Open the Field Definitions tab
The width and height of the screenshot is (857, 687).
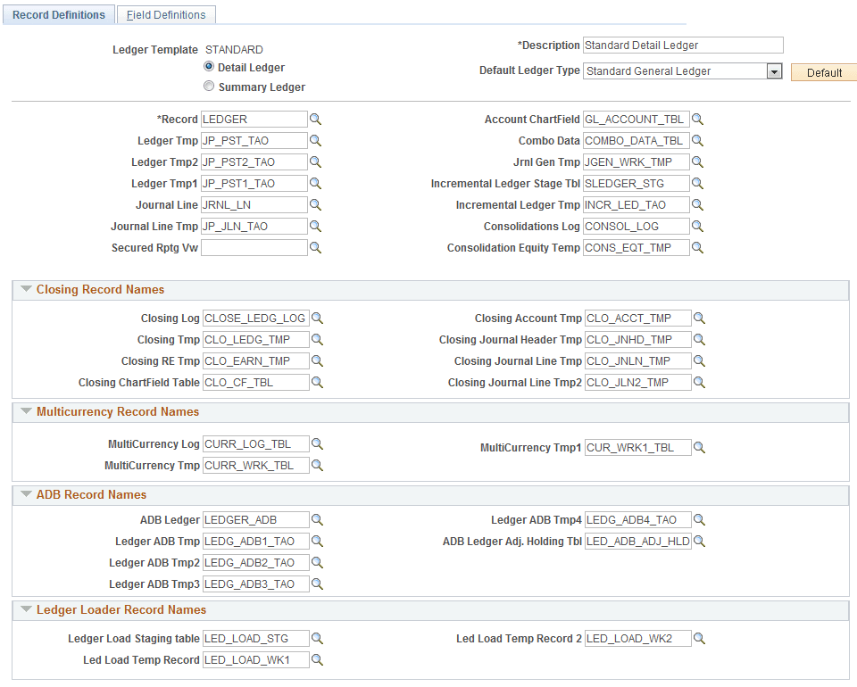coord(166,14)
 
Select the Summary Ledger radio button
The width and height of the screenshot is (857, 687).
coord(209,87)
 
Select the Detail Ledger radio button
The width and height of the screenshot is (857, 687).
coord(209,67)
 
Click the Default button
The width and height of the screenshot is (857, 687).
coord(824,73)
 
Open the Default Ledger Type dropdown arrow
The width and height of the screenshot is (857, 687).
coord(774,71)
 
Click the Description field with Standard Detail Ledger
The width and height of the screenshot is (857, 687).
coord(682,46)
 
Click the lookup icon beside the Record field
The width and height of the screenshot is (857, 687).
coord(315,119)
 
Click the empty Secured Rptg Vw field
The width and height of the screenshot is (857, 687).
coord(254,248)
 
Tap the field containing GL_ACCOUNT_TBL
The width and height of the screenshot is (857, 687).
coord(636,119)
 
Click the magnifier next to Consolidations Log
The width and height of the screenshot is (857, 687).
coord(698,227)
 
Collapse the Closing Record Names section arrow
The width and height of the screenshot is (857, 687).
coord(26,290)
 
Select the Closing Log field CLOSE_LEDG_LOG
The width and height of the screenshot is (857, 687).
coord(256,319)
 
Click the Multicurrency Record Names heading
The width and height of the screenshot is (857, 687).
coord(118,412)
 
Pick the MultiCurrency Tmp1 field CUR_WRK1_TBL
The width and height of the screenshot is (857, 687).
coord(637,448)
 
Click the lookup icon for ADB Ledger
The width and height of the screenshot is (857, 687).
coord(317,520)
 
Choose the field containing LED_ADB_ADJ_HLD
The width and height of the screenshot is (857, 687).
coord(637,542)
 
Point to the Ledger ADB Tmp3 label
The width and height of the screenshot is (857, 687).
coord(154,584)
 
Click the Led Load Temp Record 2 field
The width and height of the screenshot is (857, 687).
coord(637,639)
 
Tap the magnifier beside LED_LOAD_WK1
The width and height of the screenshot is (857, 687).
coord(317,660)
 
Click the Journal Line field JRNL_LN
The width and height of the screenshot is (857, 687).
coord(254,205)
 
